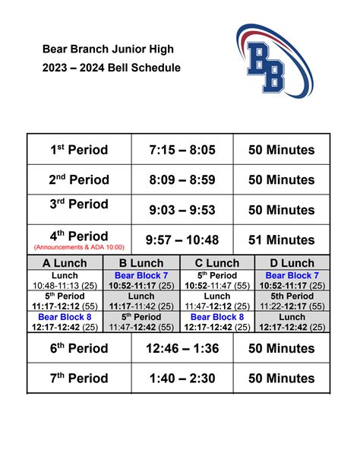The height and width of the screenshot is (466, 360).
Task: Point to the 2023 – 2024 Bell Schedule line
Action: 111,68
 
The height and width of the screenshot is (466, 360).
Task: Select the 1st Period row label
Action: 79,151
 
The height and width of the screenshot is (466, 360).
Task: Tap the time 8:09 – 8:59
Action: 182,180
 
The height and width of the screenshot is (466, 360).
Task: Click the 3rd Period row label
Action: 79,205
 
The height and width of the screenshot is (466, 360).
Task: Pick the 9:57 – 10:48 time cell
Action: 182,240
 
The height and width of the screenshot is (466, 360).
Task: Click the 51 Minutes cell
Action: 282,240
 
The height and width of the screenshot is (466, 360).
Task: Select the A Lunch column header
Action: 65,263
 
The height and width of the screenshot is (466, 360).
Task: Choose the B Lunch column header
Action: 141,263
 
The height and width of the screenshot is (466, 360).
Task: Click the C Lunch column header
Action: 217,263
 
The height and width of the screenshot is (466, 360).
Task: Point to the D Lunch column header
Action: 293,263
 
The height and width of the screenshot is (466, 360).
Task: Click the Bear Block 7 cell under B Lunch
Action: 141,280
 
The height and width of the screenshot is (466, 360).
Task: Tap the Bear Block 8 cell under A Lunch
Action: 65,322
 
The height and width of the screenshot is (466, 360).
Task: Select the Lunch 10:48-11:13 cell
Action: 65,280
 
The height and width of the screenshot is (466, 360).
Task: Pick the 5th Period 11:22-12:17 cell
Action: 293,301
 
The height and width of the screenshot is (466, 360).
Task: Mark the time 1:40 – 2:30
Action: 182,379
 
